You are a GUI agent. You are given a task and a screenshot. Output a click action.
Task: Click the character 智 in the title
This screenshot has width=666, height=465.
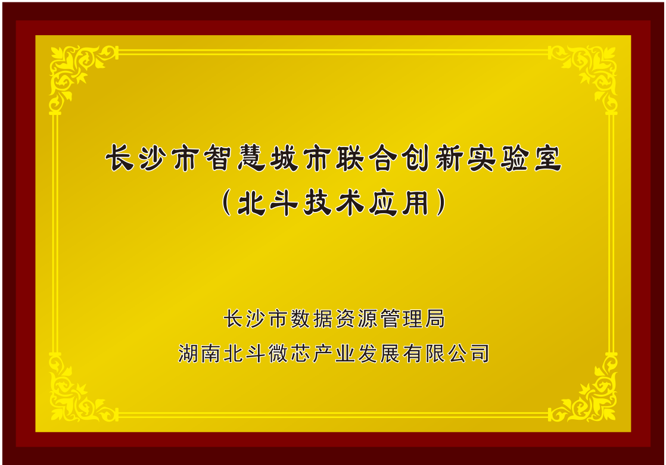(x=218, y=158)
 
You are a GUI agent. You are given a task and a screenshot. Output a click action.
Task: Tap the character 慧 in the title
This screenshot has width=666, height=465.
(x=251, y=158)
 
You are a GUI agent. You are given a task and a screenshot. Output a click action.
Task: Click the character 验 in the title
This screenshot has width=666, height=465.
(x=514, y=158)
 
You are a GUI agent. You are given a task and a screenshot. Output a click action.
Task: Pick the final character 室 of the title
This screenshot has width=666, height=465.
(x=548, y=158)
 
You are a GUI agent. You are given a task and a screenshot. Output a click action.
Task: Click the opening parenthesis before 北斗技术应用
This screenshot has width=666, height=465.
(x=226, y=202)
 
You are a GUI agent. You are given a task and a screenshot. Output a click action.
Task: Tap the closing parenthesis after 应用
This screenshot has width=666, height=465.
(x=441, y=202)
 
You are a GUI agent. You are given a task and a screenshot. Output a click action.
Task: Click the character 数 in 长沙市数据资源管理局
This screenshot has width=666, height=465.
(x=300, y=319)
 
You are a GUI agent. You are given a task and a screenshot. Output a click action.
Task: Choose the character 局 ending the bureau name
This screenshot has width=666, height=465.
(x=435, y=319)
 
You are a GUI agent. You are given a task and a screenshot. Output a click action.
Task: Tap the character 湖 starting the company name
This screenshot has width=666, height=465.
(x=188, y=353)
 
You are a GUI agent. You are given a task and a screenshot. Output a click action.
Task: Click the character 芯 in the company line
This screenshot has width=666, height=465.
(x=300, y=353)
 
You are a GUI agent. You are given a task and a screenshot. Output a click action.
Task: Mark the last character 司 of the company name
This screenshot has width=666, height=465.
(x=480, y=353)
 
